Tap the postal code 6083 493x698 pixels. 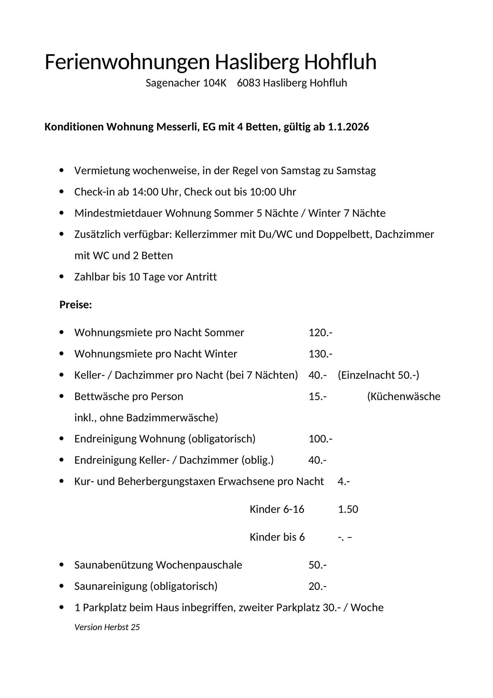tap(248, 83)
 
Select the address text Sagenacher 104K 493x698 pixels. tap(186, 83)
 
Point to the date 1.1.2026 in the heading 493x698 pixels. tap(348, 127)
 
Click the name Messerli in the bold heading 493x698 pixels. tap(176, 127)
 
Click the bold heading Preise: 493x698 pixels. tap(76, 305)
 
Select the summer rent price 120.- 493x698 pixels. tap(320, 333)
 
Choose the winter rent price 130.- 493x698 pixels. tap(320, 354)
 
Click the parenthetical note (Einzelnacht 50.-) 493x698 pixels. tap(378, 375)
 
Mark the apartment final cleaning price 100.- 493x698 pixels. tap(320, 439)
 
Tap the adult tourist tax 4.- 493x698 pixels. tap(344, 482)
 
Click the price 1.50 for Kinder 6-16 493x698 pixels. tap(348, 509)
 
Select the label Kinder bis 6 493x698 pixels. tap(277, 537)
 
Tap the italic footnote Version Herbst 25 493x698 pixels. tap(107, 627)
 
